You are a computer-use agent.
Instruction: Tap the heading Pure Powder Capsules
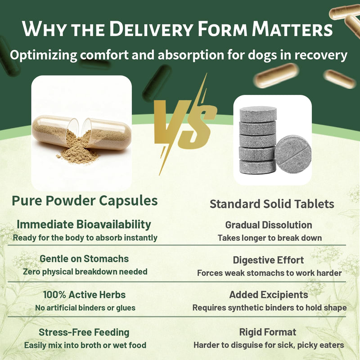click(85, 200)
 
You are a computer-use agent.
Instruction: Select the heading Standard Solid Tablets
click(272, 204)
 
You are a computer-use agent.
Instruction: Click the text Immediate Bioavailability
click(84, 224)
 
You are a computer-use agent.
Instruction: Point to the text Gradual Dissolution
click(269, 225)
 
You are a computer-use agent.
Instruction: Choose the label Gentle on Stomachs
click(84, 259)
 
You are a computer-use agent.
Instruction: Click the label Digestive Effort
click(268, 260)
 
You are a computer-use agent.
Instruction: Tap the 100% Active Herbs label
click(84, 295)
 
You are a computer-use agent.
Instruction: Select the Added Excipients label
click(269, 295)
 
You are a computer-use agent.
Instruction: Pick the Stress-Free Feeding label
click(84, 332)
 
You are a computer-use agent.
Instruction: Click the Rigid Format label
click(268, 332)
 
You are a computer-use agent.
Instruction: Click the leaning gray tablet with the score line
click(293, 154)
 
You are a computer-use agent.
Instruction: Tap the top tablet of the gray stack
click(258, 114)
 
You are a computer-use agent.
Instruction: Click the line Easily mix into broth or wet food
click(85, 345)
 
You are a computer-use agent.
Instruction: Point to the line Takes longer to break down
click(270, 238)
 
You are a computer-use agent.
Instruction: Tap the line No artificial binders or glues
click(85, 308)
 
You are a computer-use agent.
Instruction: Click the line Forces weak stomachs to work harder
click(269, 273)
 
